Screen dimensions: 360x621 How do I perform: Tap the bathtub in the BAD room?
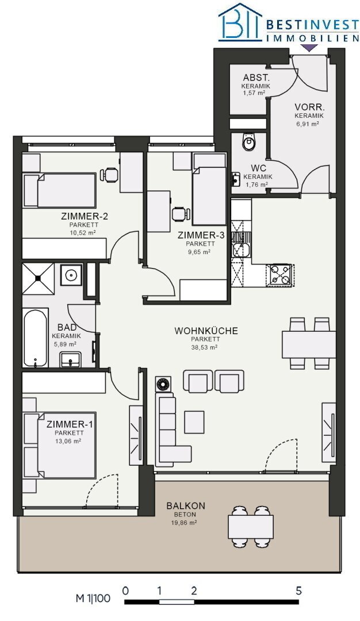(x=36, y=338)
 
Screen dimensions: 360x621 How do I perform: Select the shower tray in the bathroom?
(x=37, y=278)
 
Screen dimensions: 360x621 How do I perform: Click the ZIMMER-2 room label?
(x=85, y=216)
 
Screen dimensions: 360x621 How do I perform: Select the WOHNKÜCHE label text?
(x=206, y=331)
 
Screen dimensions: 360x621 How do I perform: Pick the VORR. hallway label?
(x=309, y=108)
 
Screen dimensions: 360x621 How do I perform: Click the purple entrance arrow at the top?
(x=309, y=48)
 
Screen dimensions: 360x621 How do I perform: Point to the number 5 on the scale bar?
(x=298, y=591)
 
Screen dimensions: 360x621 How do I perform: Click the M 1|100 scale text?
(x=93, y=598)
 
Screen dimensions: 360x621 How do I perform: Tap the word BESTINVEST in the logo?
(x=312, y=25)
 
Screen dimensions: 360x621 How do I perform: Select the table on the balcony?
(x=251, y=526)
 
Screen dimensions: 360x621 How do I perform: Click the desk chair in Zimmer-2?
(x=110, y=174)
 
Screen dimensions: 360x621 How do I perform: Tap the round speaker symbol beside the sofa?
(x=162, y=384)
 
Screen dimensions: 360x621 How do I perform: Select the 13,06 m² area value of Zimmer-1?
(x=68, y=441)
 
